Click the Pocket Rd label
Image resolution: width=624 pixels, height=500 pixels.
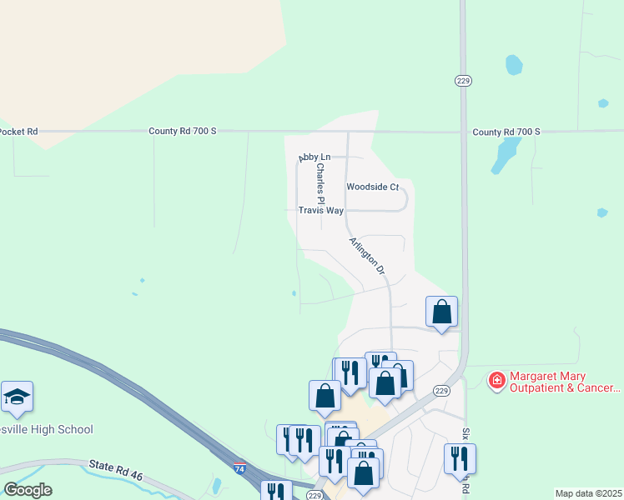point(18,132)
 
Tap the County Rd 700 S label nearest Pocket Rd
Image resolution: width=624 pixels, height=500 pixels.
point(182,132)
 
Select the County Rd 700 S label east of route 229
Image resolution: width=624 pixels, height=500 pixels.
point(506,132)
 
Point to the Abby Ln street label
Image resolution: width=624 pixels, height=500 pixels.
point(315,157)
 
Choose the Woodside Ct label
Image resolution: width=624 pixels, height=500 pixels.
point(373,187)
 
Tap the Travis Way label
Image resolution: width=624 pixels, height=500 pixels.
point(321,211)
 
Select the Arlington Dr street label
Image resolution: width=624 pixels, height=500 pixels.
point(367,255)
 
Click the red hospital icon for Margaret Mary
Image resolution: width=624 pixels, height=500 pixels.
point(497,381)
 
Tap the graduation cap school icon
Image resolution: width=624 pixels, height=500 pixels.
point(17,397)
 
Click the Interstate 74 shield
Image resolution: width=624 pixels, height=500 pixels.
point(240,469)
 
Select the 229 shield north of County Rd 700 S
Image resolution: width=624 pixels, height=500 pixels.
point(464,80)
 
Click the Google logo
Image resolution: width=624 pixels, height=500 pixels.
point(27,490)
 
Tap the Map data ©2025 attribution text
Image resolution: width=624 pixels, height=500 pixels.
point(588,493)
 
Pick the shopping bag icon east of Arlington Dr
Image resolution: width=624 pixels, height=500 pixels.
point(442,312)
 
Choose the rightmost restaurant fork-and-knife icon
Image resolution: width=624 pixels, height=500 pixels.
point(460,457)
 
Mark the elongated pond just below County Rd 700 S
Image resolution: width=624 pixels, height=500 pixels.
point(503,154)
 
